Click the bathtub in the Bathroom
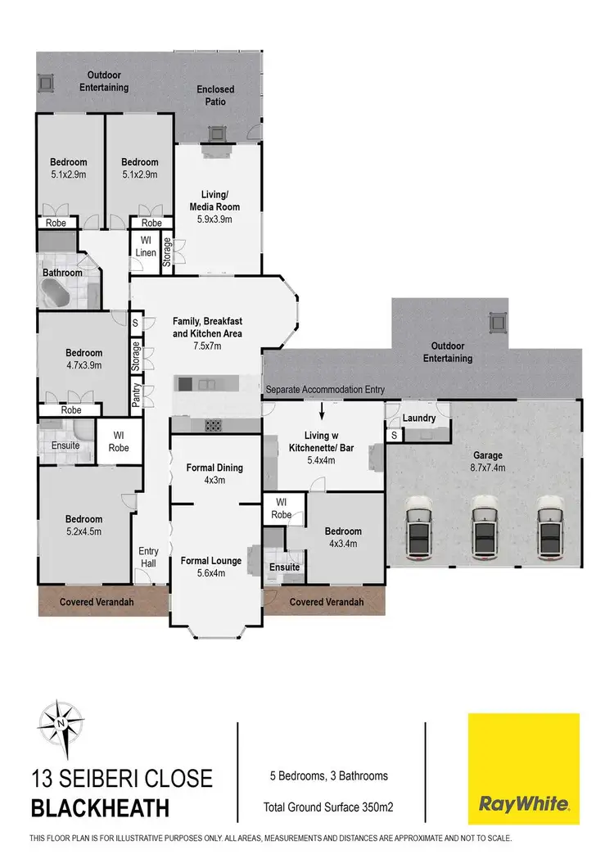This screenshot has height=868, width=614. pos(61,293)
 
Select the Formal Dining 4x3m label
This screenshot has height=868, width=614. pos(214,474)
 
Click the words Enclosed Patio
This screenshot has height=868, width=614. pos(215,96)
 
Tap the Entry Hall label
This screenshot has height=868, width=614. pos(148,557)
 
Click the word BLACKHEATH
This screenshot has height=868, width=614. pos(99,809)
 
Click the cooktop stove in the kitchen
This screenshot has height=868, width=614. pos(214,424)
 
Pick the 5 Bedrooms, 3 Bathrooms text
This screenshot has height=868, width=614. pos(329,775)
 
